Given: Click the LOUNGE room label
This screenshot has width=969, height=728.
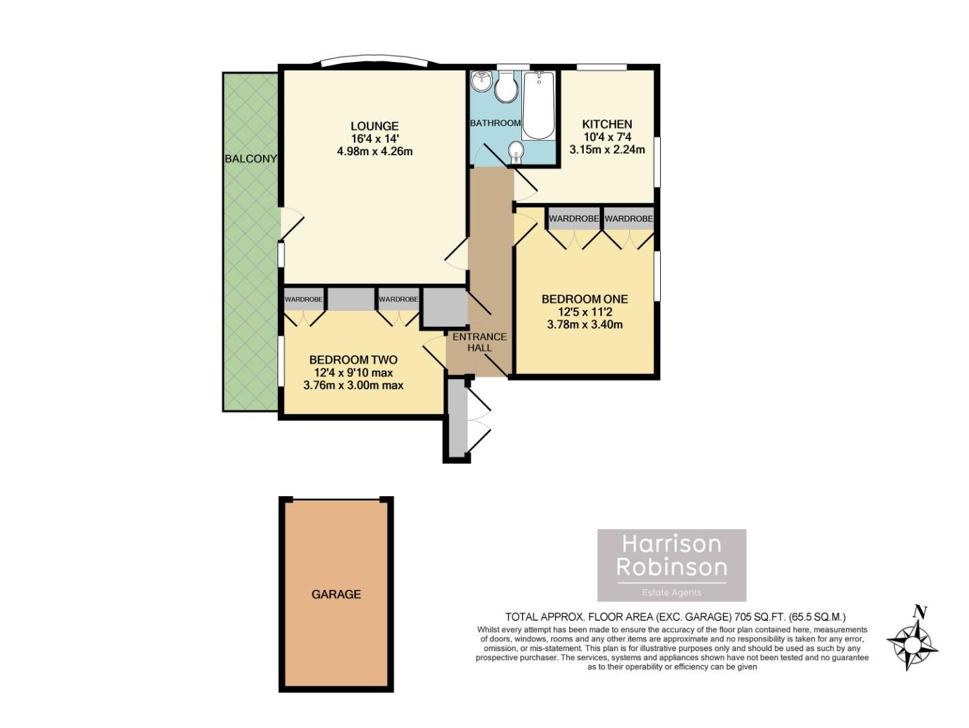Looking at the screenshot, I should point(374,126).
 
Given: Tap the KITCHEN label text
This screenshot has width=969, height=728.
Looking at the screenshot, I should point(607,124).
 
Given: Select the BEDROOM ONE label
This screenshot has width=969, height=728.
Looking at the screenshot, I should point(584,299).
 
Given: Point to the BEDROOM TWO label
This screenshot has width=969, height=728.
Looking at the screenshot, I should point(353,360).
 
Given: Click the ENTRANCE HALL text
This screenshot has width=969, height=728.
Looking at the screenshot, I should point(479,342).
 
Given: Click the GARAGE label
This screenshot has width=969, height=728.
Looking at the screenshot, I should point(336,595).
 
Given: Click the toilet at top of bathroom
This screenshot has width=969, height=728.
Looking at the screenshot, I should point(505,88).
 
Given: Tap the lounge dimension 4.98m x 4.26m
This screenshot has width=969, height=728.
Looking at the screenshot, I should point(374,152).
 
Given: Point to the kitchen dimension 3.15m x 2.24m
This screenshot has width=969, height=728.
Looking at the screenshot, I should point(607,150).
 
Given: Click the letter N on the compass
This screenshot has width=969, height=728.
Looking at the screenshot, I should point(918,613).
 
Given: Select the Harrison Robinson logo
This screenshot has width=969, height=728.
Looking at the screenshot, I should point(672,565).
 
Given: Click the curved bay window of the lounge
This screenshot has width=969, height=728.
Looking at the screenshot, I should point(374,60).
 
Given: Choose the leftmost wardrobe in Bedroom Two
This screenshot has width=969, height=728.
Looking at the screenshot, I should point(303,299).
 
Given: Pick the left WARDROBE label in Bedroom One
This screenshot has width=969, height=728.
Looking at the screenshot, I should point(574,219).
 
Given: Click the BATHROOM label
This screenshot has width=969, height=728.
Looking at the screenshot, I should point(495,123).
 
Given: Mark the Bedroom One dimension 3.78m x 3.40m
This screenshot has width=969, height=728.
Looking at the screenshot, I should point(584,325).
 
